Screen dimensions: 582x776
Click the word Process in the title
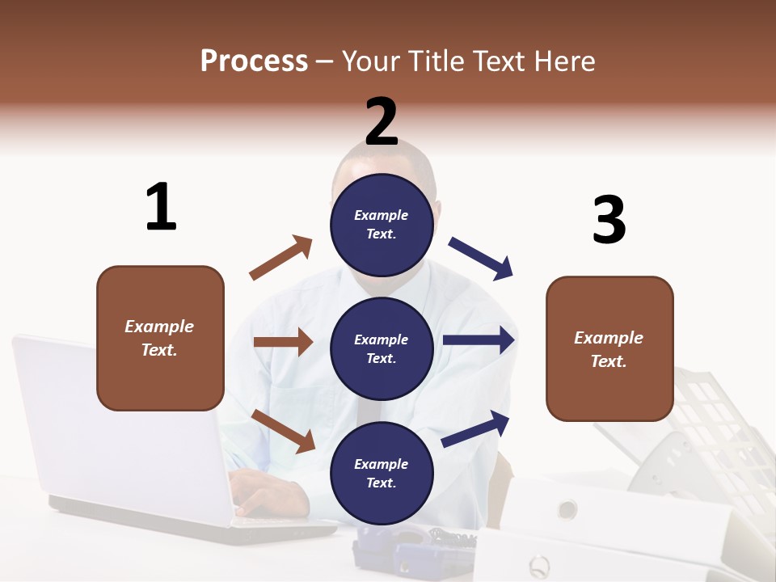point(254,61)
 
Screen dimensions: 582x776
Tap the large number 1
point(161,207)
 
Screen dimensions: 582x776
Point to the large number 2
point(382,121)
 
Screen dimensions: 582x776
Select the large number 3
point(609,220)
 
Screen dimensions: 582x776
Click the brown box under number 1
point(160,338)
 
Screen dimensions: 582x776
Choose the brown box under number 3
point(609,348)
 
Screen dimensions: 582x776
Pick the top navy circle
point(382,225)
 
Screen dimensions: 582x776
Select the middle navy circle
point(382,348)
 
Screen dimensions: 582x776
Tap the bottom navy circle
point(382,473)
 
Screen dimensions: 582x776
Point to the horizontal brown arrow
point(283,342)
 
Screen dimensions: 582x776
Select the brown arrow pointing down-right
point(284,431)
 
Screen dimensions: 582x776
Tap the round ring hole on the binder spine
point(567,509)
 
